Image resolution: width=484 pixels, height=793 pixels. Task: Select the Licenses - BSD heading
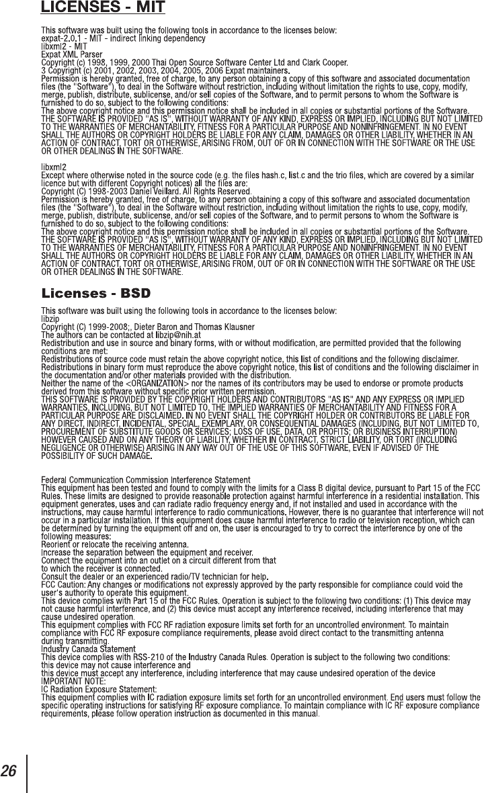[x=95, y=294]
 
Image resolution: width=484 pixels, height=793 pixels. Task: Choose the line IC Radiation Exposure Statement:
[x=99, y=690]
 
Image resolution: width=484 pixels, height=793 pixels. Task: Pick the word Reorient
[x=56, y=545]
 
